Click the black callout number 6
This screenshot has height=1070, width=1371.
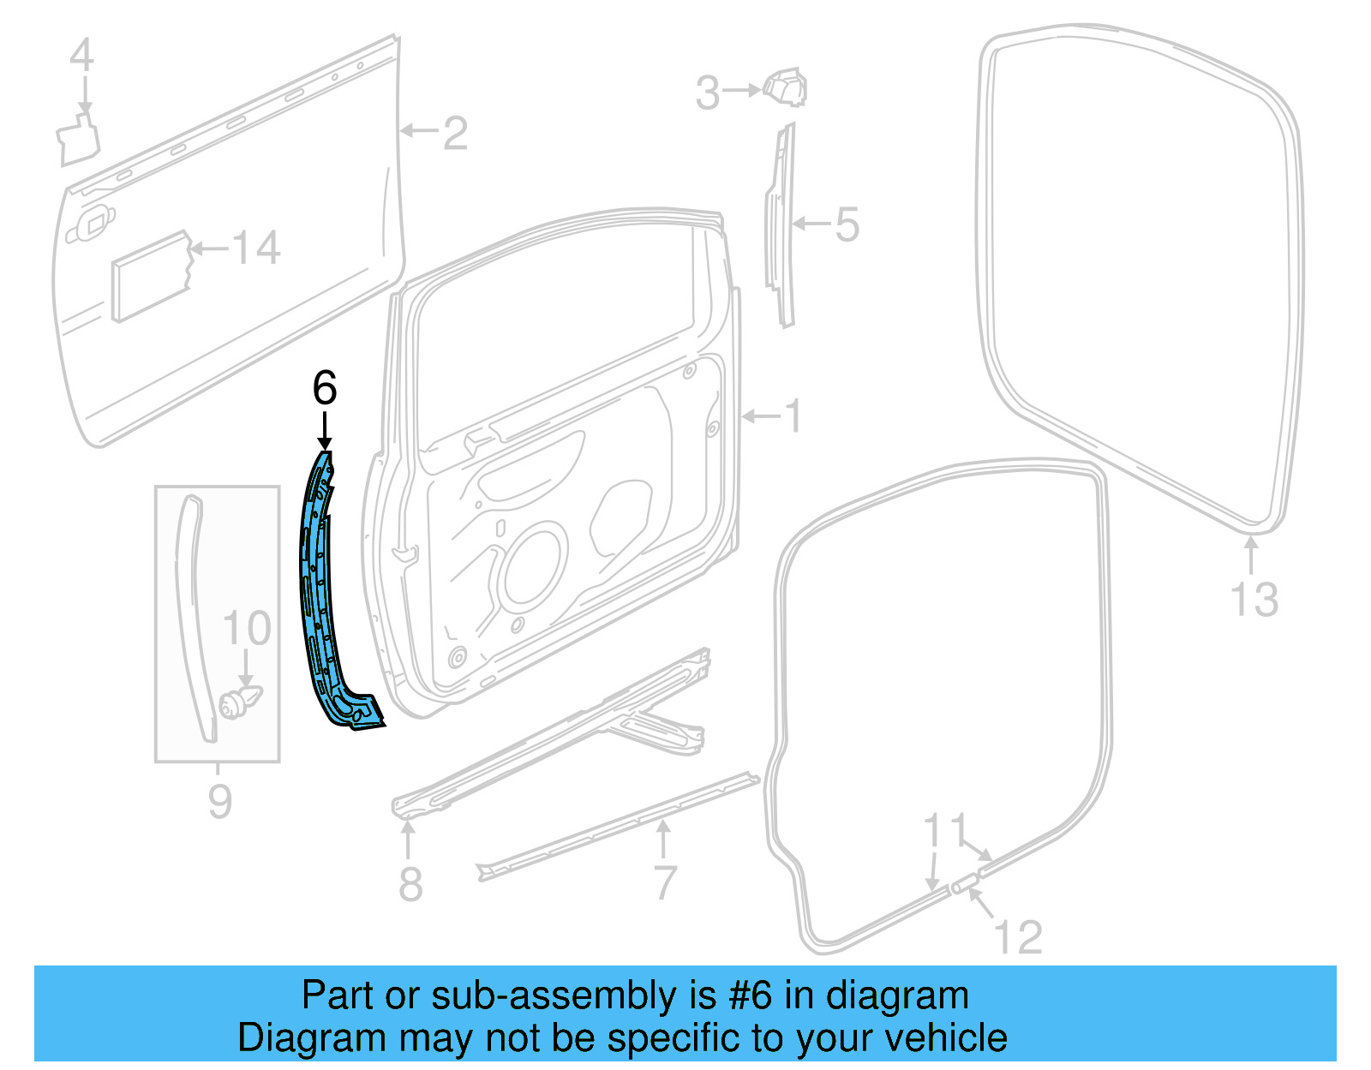[x=325, y=388]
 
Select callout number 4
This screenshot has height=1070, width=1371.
[x=81, y=56]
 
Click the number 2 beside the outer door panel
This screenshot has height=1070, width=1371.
[x=455, y=133]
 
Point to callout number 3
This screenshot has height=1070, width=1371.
[x=707, y=93]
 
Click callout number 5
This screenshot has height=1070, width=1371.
[x=847, y=224]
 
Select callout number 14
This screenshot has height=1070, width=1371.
[x=256, y=248]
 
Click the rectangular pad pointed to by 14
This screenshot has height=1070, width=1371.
[x=150, y=276]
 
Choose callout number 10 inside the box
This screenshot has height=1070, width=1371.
[x=247, y=629]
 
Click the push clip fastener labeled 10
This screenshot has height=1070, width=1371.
[x=239, y=702]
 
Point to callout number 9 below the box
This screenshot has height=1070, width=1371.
[x=220, y=801]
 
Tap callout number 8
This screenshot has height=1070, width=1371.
[x=410, y=883]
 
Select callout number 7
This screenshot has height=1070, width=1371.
[x=665, y=882]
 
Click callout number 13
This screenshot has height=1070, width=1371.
[x=1254, y=599]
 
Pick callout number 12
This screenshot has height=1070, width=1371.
[x=1018, y=936]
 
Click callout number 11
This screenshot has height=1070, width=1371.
[x=944, y=831]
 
